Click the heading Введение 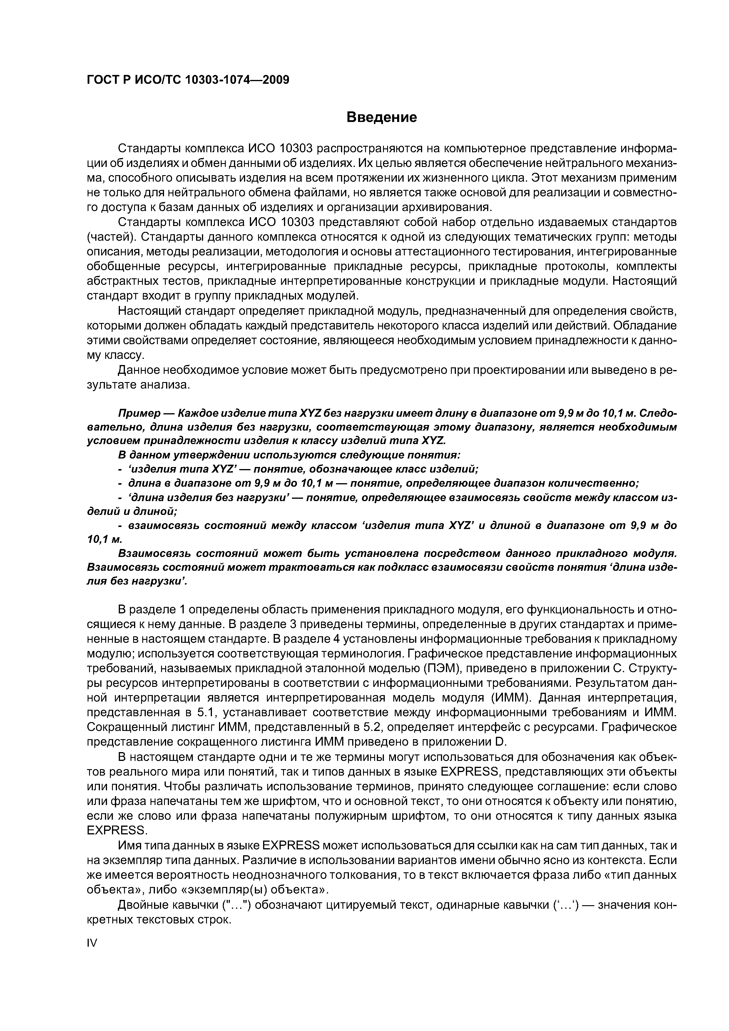pyautogui.click(x=382, y=118)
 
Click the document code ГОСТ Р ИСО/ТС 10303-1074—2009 pyautogui.click(x=188, y=80)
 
